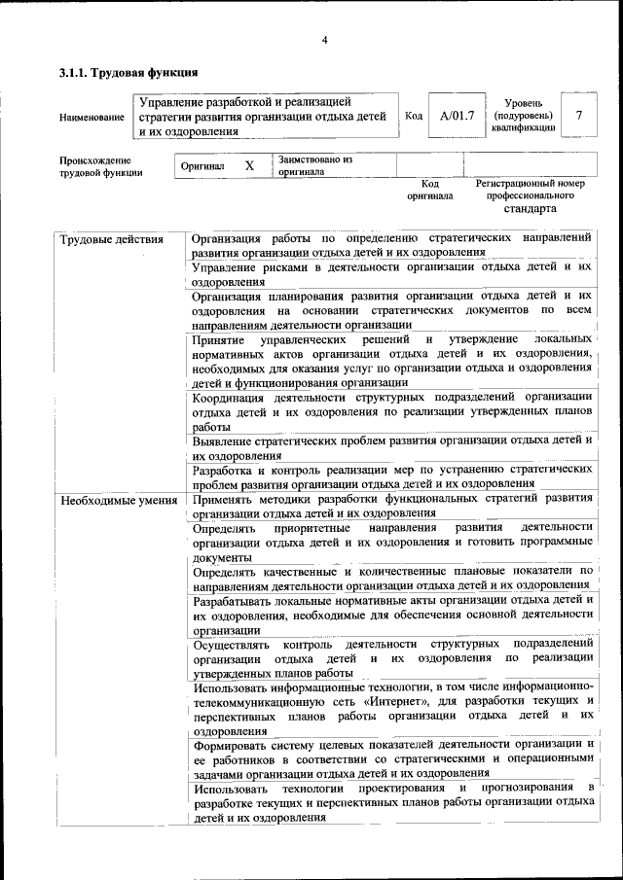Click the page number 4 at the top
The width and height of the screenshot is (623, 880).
[325, 39]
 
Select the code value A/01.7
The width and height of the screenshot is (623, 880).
[457, 116]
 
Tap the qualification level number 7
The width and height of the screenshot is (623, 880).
[579, 116]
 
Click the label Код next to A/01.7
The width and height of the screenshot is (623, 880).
[413, 117]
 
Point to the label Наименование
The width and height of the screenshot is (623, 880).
[92, 118]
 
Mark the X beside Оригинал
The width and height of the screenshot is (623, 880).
[249, 165]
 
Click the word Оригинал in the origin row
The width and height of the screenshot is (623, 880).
[202, 166]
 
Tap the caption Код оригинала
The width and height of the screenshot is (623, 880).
[430, 189]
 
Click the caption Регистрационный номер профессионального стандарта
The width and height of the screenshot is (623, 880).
[530, 195]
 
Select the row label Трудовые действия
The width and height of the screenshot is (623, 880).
[110, 240]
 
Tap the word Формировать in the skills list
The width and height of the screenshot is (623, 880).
[236, 745]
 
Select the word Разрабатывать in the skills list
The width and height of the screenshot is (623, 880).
[239, 600]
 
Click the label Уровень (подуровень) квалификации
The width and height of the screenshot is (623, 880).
[530, 115]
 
